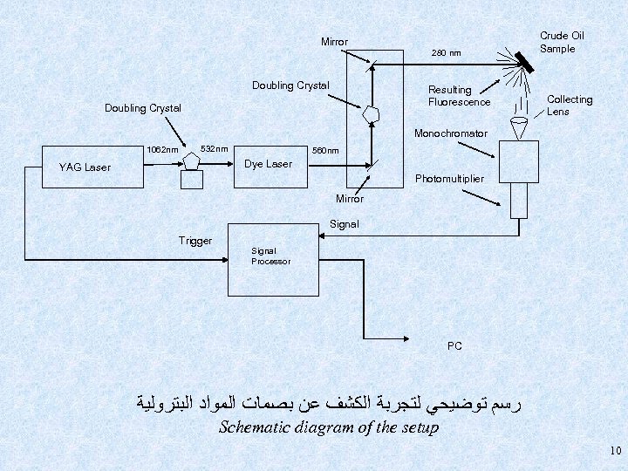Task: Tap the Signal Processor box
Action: pos(271,256)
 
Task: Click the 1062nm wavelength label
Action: pos(163,149)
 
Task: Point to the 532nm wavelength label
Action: pos(215,147)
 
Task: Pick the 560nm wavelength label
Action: pos(325,150)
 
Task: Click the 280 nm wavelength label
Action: pos(447,54)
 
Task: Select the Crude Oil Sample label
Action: pos(561,42)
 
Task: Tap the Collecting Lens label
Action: pos(569,106)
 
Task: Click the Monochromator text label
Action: pos(450,133)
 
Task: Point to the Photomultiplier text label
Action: pos(449,179)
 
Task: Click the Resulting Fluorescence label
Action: pos(459,96)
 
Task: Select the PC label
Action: pos(454,345)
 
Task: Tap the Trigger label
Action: pos(195,241)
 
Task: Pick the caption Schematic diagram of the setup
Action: pos(328,427)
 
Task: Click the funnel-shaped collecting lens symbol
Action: pos(523,127)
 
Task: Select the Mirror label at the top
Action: pos(334,42)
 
